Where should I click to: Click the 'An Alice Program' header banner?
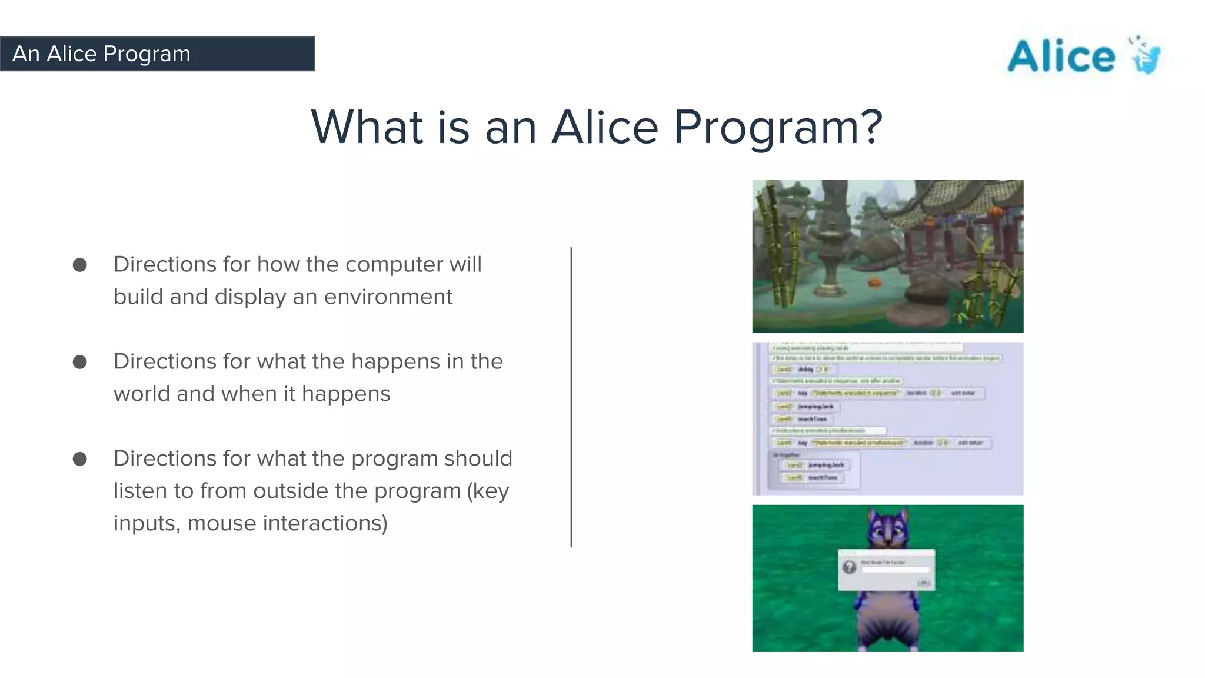(157, 54)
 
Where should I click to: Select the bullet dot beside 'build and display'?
(80, 265)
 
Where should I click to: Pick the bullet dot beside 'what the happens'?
(80, 362)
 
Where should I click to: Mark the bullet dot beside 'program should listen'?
(80, 459)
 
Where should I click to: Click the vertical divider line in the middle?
(571, 397)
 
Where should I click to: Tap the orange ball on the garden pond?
(875, 282)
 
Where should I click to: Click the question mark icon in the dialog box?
(849, 567)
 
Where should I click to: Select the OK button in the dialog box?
(924, 583)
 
